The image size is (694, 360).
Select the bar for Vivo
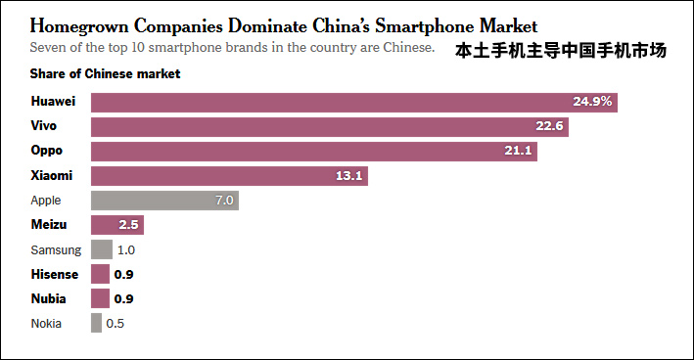330,127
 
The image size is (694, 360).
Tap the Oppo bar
314,152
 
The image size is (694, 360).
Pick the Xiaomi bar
229,176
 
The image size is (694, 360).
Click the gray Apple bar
164,201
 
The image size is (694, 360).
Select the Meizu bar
117,225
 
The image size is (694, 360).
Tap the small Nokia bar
96,323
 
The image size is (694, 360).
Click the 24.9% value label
592,102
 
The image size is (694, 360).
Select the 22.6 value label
548,126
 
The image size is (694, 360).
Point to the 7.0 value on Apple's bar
224,201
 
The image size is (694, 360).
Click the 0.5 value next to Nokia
116,323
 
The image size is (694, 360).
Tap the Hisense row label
55,274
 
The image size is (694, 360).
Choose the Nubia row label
49,298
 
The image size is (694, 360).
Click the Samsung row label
56,249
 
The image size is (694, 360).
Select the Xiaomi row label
52,176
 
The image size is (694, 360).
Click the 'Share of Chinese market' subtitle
105,73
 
